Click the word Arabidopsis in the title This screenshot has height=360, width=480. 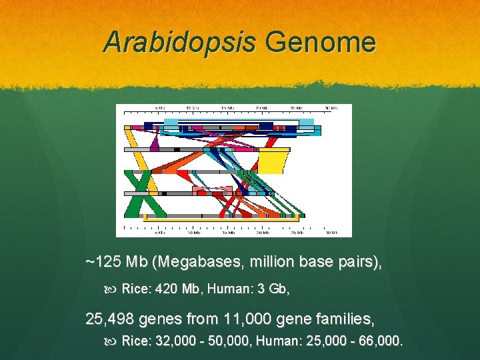[179, 43]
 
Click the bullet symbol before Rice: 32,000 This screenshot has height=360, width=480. [110, 342]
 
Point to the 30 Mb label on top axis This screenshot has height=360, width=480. [331, 108]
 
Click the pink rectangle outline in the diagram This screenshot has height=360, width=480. [203, 191]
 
